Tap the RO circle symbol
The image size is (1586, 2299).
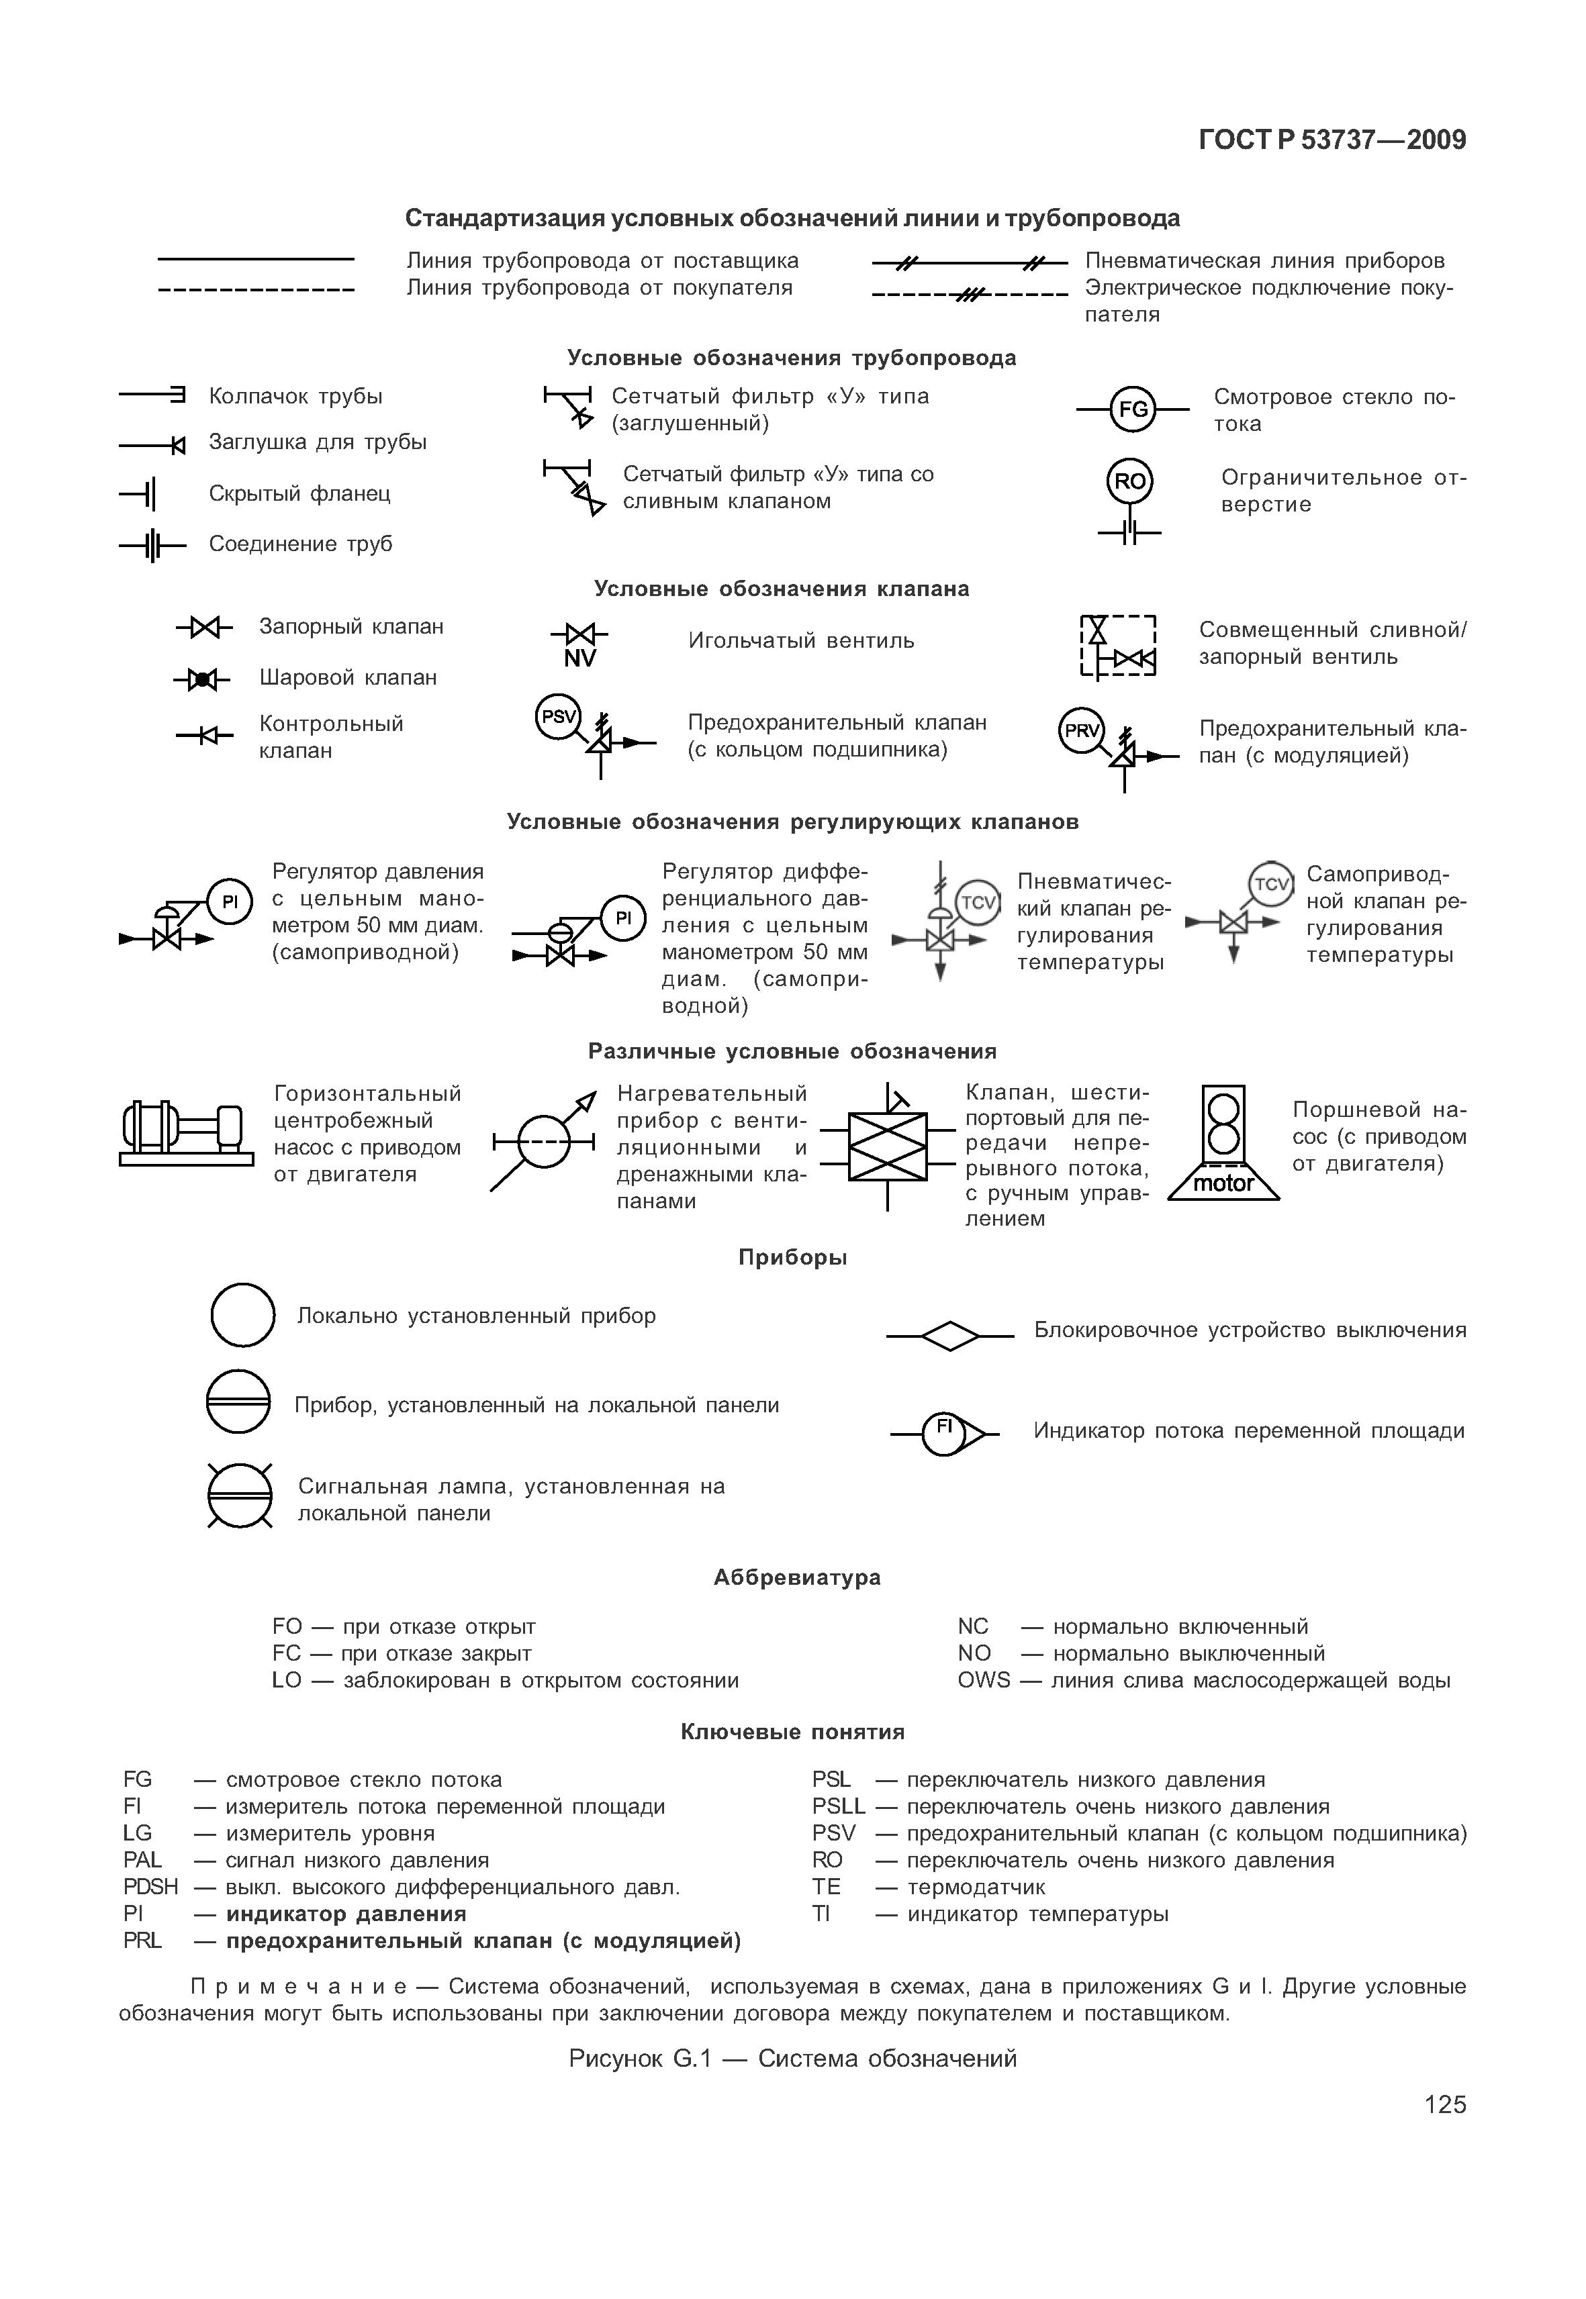(1130, 482)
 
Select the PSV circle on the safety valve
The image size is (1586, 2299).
(559, 716)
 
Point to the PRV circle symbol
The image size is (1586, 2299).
(1082, 731)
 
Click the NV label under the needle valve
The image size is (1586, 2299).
(579, 658)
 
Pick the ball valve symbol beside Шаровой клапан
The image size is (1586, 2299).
(203, 679)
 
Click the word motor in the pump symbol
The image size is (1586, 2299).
(1223, 1183)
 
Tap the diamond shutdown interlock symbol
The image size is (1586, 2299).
(950, 1335)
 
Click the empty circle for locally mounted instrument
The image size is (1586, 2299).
(242, 1316)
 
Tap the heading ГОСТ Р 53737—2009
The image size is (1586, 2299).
(1332, 140)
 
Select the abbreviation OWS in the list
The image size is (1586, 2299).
(983, 1680)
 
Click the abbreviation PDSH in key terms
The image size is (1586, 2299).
(150, 1887)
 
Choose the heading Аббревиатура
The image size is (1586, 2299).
(797, 1577)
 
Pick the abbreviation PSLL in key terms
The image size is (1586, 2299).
(838, 1806)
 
